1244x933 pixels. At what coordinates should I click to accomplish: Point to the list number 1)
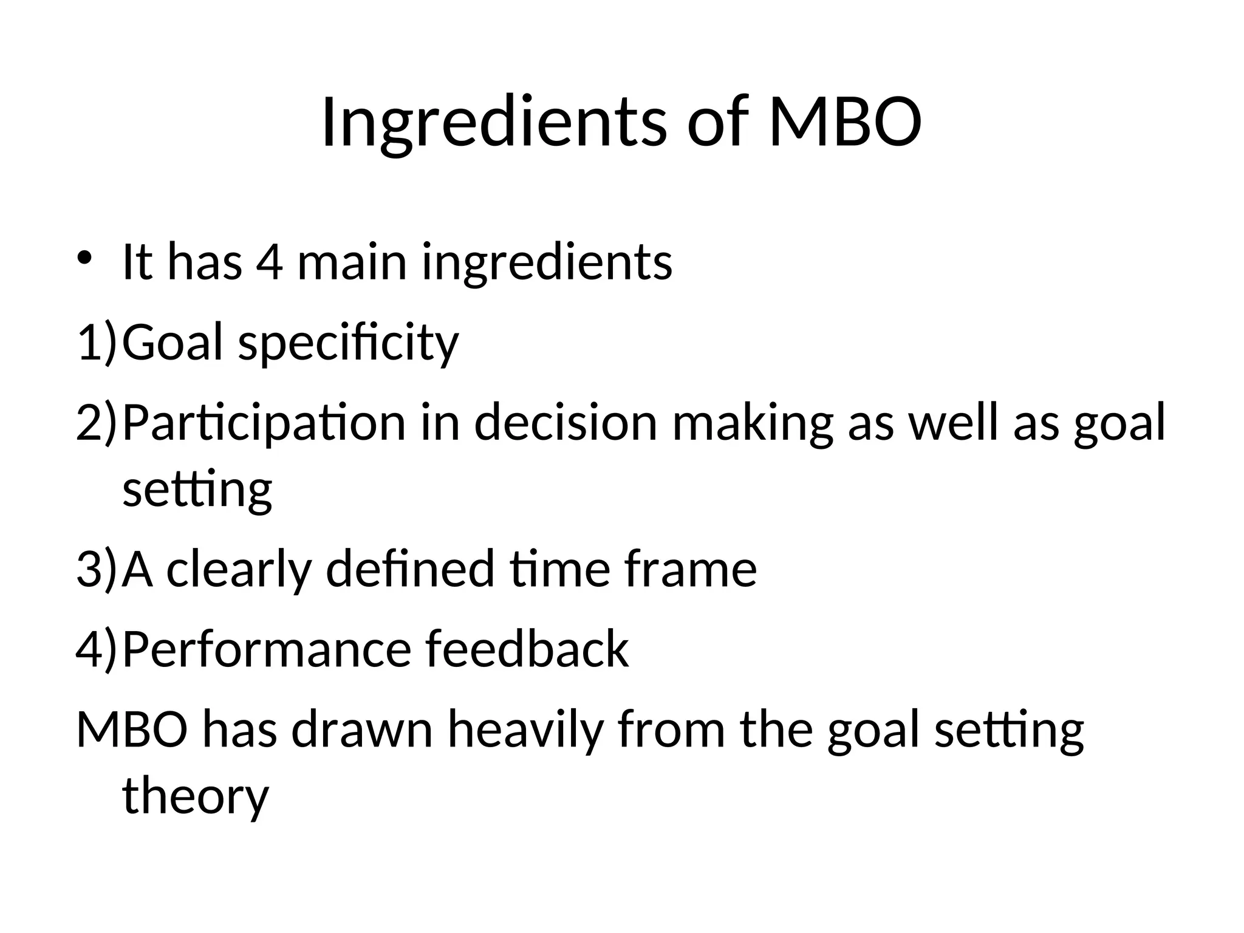96,342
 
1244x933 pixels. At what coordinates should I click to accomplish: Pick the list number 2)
96,422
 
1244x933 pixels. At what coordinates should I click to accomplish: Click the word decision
566,422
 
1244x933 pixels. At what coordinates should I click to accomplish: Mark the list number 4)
96,649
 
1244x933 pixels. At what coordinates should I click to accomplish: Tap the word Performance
267,649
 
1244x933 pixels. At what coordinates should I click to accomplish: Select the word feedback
527,649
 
